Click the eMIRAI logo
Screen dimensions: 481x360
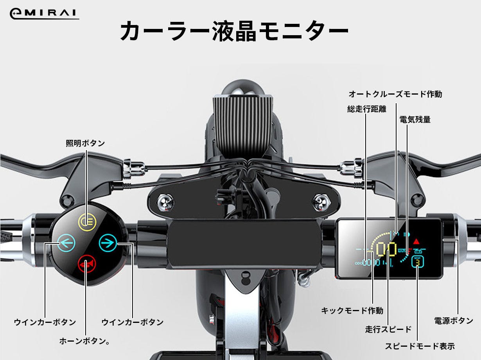tap(44, 14)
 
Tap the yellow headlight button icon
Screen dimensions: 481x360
tap(87, 222)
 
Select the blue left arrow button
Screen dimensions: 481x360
tap(66, 243)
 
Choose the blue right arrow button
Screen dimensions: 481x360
tap(108, 243)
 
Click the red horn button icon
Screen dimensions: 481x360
tap(87, 264)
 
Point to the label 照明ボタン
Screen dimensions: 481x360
tap(85, 143)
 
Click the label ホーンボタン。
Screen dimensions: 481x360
tap(84, 341)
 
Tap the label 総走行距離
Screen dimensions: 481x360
tap(366, 109)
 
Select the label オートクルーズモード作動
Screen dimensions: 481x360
tap(395, 94)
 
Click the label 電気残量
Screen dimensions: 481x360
tap(415, 120)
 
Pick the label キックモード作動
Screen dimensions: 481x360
tap(352, 310)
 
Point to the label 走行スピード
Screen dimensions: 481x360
tap(388, 329)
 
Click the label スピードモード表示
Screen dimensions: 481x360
tap(420, 346)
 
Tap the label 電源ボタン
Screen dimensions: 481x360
tap(454, 321)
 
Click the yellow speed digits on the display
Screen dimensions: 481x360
tap(386, 249)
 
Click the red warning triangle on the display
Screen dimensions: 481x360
tap(416, 242)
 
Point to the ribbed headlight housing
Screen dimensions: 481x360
tap(243, 124)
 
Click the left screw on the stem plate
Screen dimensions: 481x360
tap(166, 202)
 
